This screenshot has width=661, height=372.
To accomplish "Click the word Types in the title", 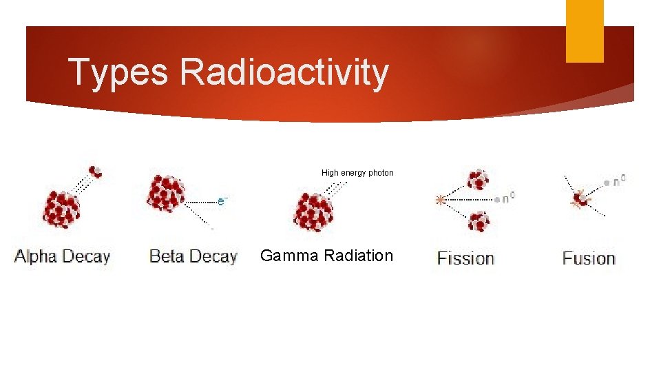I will click(x=118, y=72).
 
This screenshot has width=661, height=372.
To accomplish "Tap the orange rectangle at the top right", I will click(x=584, y=30).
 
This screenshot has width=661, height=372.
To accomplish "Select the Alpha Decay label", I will click(x=63, y=257).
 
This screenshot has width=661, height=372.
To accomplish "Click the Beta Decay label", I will click(x=193, y=257).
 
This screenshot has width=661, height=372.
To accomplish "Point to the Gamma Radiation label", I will click(x=326, y=256).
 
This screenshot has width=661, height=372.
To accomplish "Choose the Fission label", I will click(x=466, y=259).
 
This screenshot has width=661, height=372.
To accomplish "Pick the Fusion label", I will click(x=589, y=259).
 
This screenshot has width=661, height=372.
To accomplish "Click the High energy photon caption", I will click(x=357, y=173).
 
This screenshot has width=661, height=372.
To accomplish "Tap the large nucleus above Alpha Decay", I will click(x=61, y=208).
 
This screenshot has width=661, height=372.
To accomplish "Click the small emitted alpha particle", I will click(x=95, y=172).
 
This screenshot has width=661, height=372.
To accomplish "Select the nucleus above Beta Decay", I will click(x=166, y=193).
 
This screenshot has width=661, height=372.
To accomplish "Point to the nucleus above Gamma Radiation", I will click(x=313, y=211).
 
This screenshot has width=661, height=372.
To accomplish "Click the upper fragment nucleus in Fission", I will click(x=477, y=180).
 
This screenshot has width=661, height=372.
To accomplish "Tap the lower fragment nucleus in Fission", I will click(x=477, y=222).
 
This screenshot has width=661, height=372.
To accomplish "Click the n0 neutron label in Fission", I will click(x=507, y=198).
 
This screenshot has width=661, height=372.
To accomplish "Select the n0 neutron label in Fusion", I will click(x=619, y=180).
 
